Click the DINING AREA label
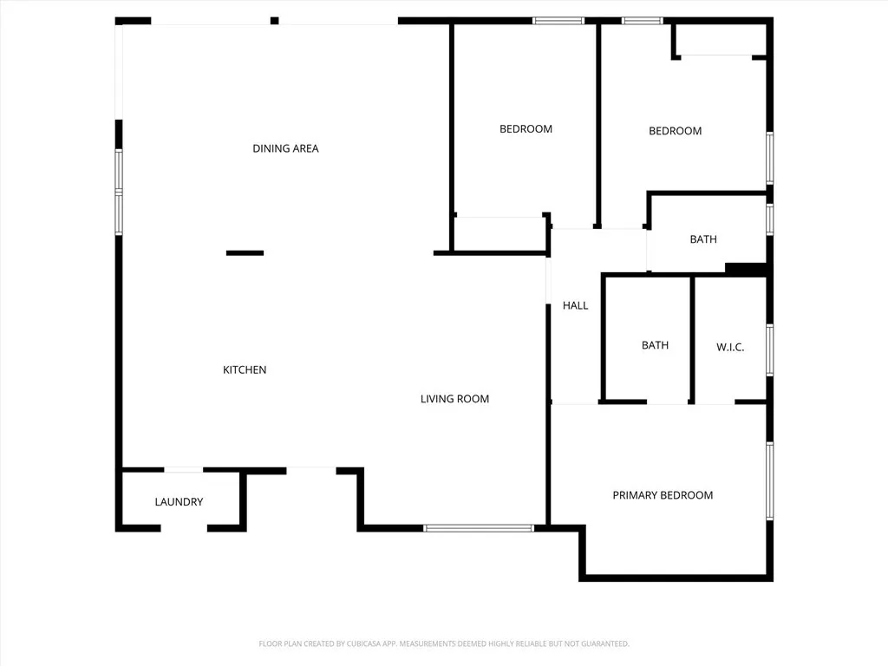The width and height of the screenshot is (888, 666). coord(285,148)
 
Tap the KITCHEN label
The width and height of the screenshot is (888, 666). coord(245,370)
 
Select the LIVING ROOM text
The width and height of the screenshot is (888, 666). coord(454,399)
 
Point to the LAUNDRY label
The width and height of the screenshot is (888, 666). coord(179,502)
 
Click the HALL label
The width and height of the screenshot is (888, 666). coord(575,305)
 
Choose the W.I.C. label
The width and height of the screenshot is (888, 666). coord(730,347)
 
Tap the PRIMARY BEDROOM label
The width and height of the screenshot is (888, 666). coord(663,495)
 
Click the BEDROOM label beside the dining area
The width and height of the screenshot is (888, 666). coord(526,129)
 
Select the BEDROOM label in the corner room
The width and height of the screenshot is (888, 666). coord(675,131)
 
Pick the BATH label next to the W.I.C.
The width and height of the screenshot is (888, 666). coord(655,345)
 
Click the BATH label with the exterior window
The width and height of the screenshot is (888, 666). coord(703,239)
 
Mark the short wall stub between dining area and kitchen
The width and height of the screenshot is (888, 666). coord(245,253)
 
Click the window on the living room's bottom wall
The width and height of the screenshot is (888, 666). coord(479,527)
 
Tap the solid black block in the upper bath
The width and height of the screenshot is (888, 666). coord(746,269)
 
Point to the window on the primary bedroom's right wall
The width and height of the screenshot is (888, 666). coord(769,481)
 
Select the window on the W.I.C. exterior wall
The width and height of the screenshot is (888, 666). coord(769,349)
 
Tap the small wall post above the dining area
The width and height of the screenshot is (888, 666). coord(275,21)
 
